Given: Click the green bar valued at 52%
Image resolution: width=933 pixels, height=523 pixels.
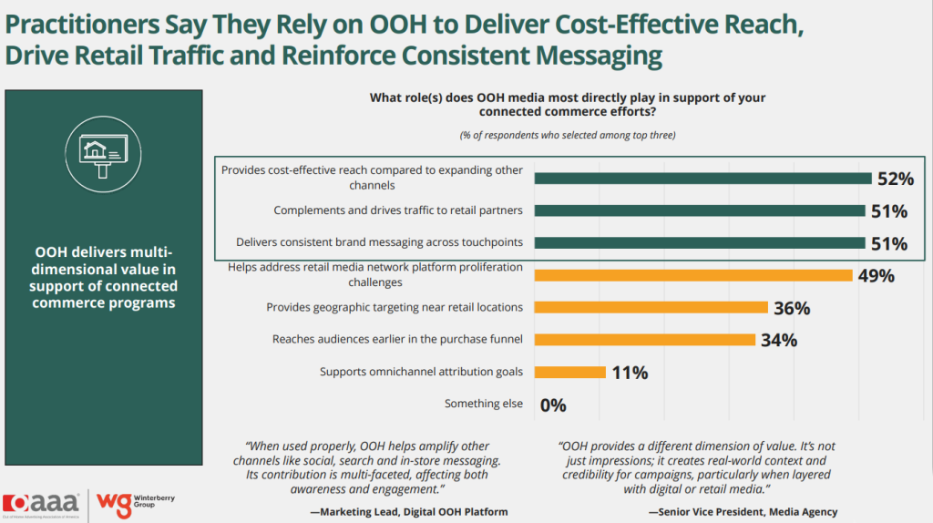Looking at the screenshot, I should (x=702, y=178).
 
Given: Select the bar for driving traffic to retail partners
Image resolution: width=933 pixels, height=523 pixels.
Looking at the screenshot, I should (x=699, y=210).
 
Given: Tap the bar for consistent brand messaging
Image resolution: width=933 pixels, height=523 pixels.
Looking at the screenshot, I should (x=699, y=243).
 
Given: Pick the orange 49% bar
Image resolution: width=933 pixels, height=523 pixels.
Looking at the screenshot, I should (x=692, y=275).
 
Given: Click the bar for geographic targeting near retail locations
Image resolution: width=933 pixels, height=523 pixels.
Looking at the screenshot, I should (x=651, y=308).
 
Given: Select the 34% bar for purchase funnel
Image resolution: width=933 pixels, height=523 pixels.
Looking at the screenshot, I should (x=644, y=340).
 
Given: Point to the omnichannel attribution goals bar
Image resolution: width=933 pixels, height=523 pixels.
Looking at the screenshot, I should (x=569, y=372).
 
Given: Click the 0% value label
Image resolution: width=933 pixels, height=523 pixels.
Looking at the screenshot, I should (x=553, y=405).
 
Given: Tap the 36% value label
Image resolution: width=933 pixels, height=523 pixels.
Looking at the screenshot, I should (x=791, y=308).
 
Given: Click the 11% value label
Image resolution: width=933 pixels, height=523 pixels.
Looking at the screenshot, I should (x=629, y=372).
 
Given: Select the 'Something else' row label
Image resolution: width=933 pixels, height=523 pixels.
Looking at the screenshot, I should (x=483, y=404).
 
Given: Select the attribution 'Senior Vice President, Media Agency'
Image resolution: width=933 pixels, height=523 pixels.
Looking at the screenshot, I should (x=743, y=512).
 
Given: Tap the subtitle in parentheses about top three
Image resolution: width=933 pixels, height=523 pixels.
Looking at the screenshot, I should (x=561, y=135).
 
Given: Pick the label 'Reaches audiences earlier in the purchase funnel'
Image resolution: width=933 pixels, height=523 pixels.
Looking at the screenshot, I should (x=397, y=340).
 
